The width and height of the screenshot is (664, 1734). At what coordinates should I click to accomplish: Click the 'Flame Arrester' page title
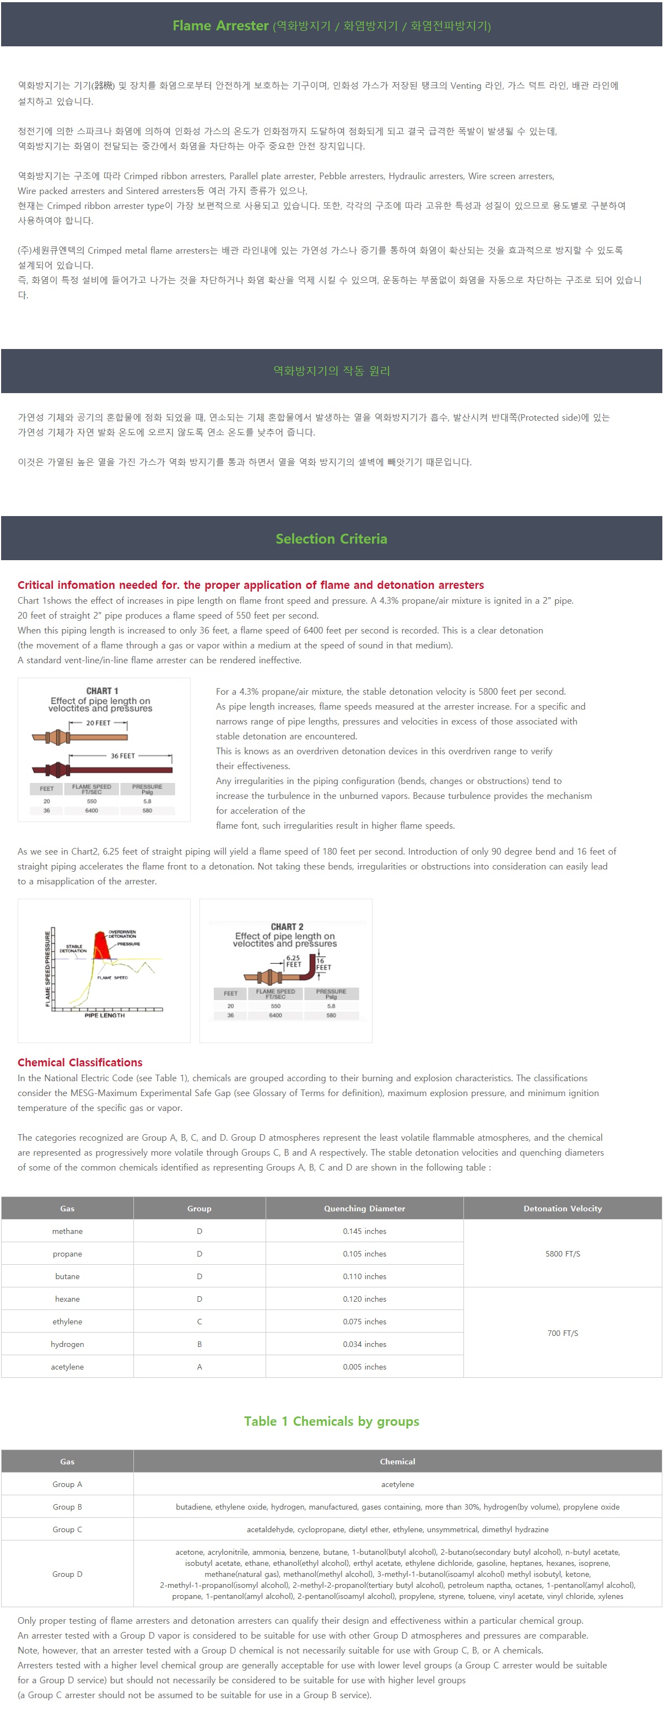[220, 25]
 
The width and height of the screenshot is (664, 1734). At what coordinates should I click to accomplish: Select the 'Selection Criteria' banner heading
[331, 539]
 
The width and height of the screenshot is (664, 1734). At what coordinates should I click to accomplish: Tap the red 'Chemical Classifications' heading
[80, 1062]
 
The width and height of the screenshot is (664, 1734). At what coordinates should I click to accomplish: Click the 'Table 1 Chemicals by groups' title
[331, 1421]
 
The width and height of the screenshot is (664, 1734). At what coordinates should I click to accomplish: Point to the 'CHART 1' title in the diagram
[102, 691]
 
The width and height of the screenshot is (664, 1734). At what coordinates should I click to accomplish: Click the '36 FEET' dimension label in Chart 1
[122, 756]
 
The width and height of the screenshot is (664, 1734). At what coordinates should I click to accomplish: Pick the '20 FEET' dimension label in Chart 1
[98, 723]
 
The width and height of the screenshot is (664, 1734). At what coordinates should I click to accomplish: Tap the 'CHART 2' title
[287, 927]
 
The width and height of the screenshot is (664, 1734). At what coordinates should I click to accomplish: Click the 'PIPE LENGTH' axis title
[104, 1015]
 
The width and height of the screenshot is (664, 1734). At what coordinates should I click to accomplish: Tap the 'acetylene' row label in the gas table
[67, 1367]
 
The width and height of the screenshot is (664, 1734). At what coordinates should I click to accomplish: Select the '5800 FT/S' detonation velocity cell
[563, 1254]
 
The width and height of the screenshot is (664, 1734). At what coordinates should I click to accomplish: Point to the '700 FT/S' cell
[563, 1333]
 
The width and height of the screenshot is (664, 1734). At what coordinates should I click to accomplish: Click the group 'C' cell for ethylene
[199, 1322]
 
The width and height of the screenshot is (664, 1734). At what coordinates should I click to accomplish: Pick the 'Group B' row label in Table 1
[67, 1507]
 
